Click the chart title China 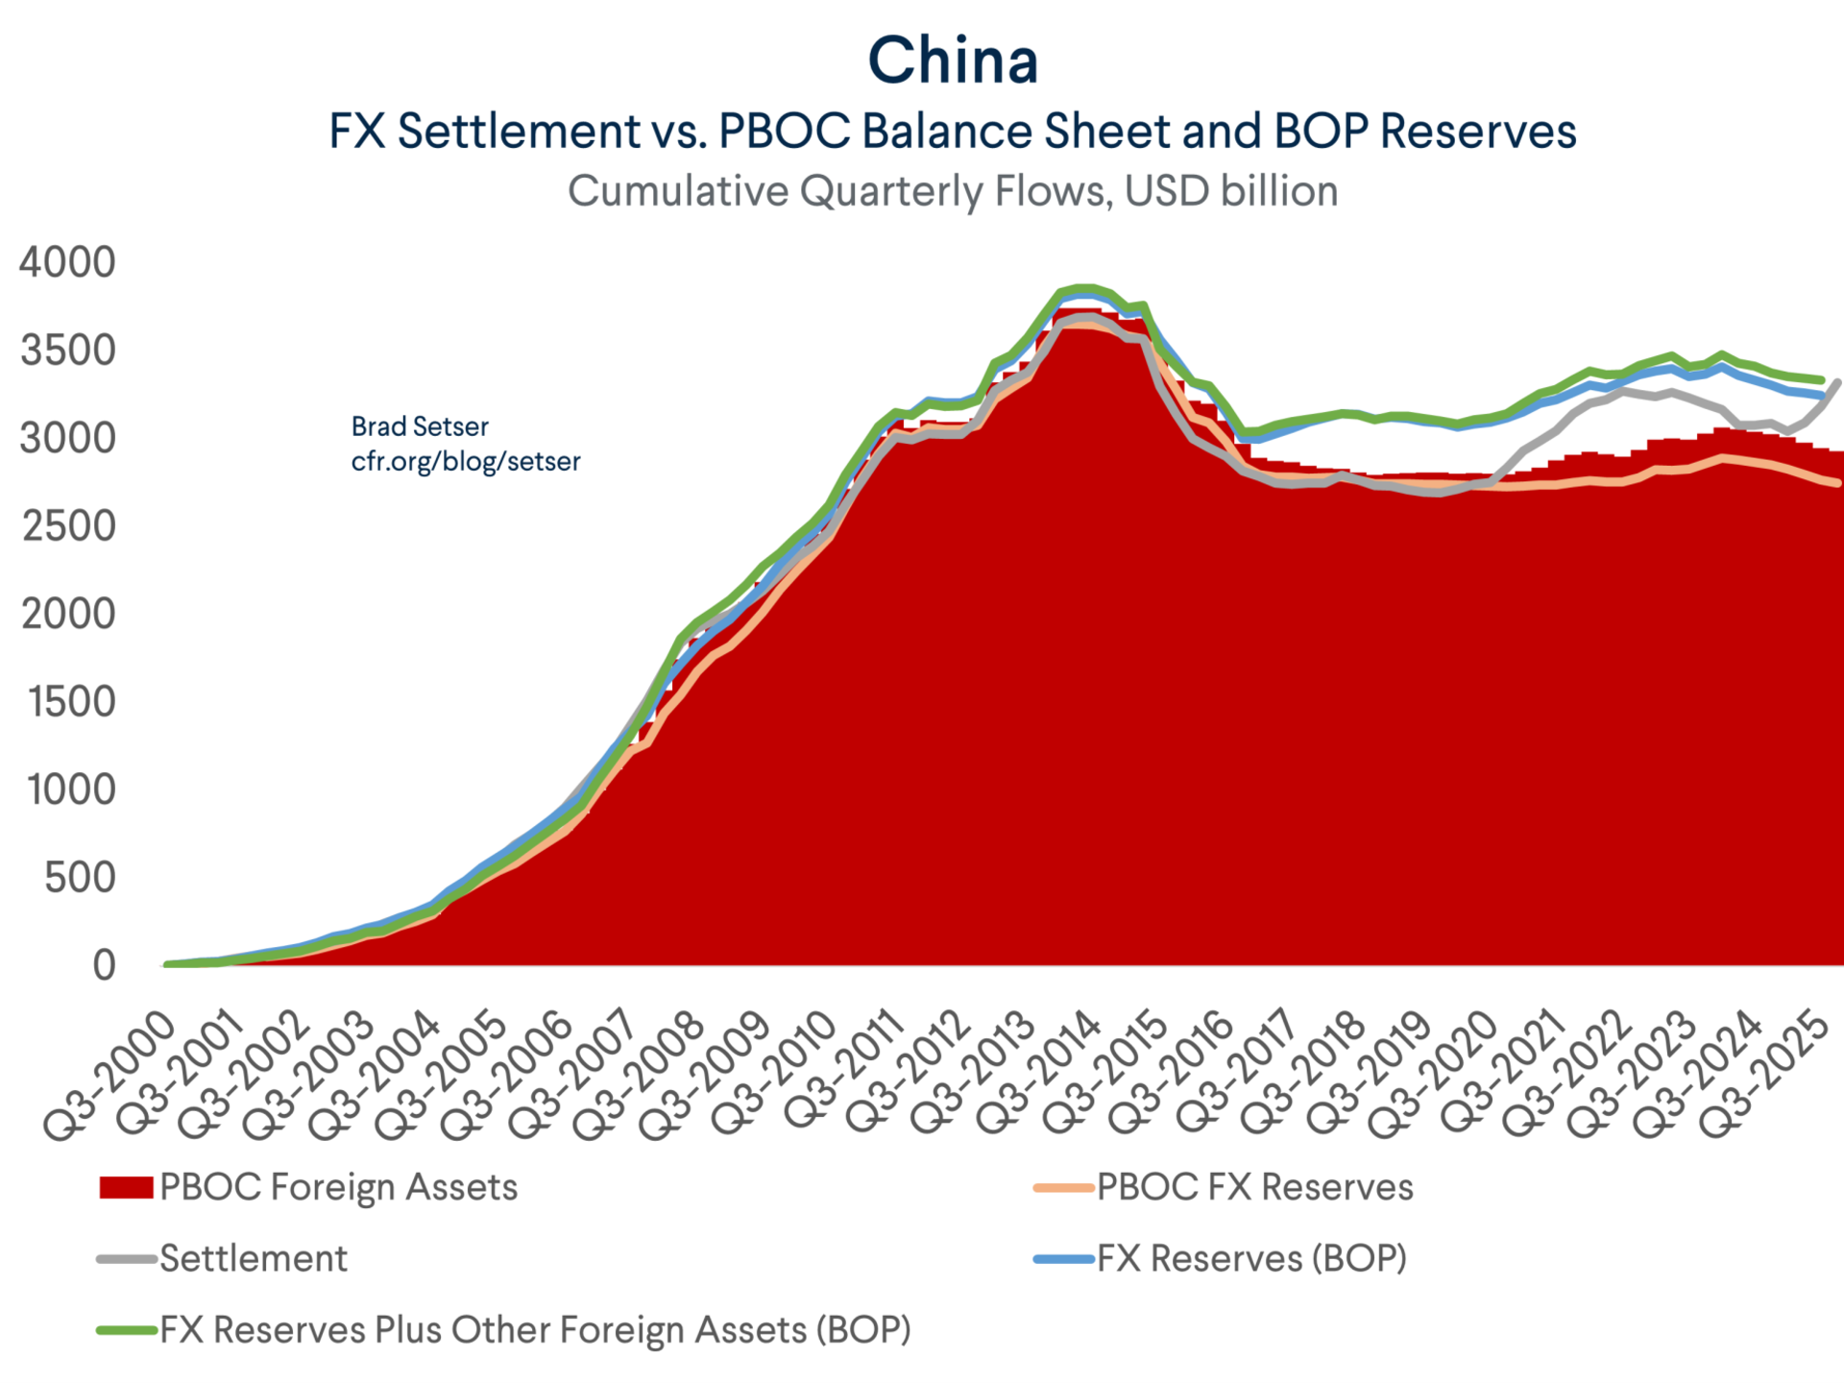tap(953, 61)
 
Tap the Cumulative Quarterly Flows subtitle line tap(953, 191)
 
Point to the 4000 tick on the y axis tap(67, 262)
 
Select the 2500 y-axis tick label tap(68, 526)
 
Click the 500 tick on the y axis tap(80, 878)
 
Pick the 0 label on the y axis tap(104, 965)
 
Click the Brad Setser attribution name tap(420, 426)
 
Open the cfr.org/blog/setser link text tap(466, 461)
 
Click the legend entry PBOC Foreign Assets tap(338, 1187)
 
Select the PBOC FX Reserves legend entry tap(1254, 1187)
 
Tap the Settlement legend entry tap(254, 1258)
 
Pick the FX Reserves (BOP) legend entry tap(1251, 1258)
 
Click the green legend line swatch tap(126, 1330)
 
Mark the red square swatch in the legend tap(126, 1188)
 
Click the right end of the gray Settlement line tap(1838, 383)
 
